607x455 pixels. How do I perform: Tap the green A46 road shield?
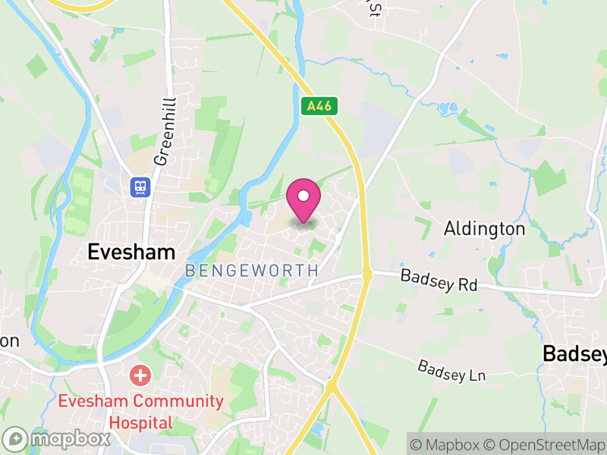(x=319, y=106)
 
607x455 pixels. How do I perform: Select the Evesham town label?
(x=131, y=252)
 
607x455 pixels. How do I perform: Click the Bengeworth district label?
(x=250, y=271)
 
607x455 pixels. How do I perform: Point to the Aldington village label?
(x=484, y=229)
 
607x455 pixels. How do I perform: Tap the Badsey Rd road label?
(x=439, y=281)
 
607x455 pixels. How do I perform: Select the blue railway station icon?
(x=140, y=187)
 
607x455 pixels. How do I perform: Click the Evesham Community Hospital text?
(x=141, y=411)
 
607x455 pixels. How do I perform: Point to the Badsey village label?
(x=574, y=354)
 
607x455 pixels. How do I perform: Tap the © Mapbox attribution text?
(x=446, y=444)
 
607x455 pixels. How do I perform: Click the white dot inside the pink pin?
(x=303, y=196)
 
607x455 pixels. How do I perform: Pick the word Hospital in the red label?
(x=141, y=422)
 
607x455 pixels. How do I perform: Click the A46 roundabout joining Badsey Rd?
(x=367, y=275)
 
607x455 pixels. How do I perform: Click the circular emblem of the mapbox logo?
(x=16, y=438)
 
